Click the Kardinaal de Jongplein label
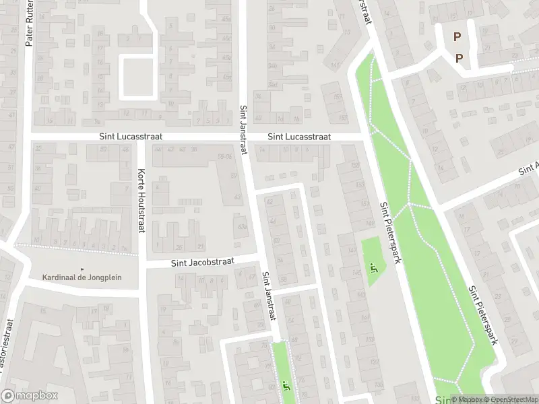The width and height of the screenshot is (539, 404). tap(82, 277)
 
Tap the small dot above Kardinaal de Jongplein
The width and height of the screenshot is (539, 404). tap(83, 269)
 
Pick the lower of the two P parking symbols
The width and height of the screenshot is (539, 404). tap(459, 58)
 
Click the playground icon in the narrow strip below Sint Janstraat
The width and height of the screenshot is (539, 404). tap(286, 386)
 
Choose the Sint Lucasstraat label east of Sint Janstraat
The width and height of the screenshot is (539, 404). tap(299, 136)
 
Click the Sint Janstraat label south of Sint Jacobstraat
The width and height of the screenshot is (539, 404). tap(269, 296)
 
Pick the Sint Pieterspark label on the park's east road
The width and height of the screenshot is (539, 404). tap(483, 314)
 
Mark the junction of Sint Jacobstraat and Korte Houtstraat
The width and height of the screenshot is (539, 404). tap(142, 265)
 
